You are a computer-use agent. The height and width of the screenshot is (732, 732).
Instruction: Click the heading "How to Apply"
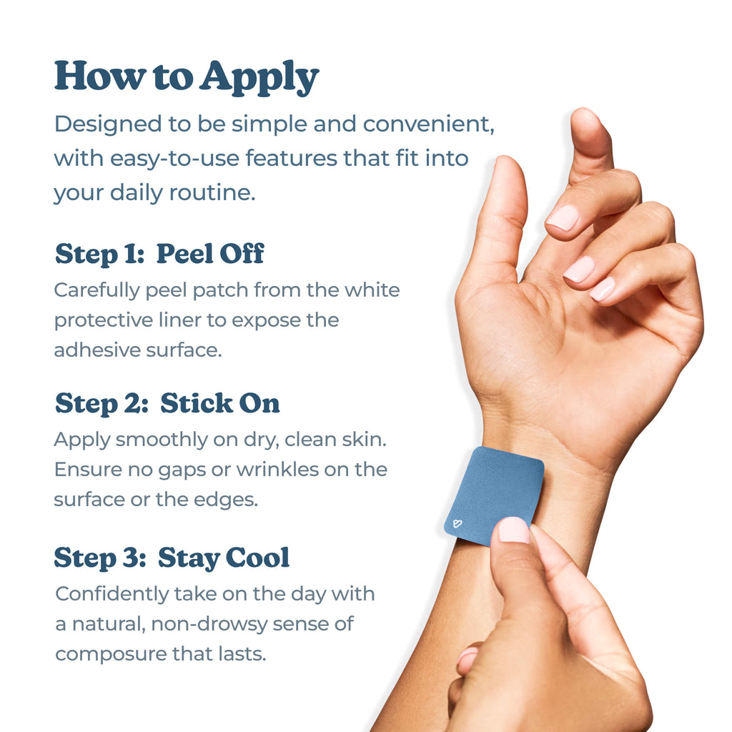coord(186,76)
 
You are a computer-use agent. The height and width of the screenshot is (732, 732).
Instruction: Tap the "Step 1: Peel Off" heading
coord(159,254)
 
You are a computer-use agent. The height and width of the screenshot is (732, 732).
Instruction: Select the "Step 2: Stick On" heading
coord(167,403)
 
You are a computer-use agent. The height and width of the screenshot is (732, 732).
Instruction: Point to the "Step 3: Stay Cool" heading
coord(172,558)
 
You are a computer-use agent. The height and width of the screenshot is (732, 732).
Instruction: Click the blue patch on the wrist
coord(493,490)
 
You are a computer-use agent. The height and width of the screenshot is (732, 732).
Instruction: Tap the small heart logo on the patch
coord(457,524)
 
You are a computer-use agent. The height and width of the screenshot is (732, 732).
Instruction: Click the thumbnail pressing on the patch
coord(513,530)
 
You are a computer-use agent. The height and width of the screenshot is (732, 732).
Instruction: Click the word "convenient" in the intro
coord(428,124)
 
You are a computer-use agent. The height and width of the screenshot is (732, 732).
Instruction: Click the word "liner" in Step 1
coord(181,320)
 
